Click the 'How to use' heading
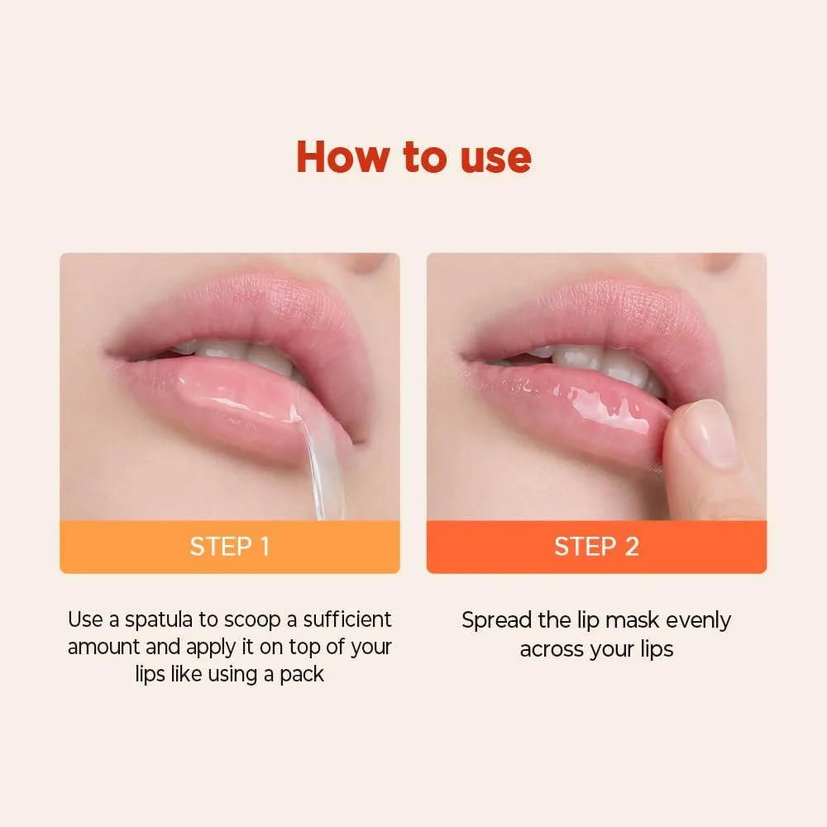(413, 156)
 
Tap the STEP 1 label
(229, 547)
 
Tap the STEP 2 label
(596, 547)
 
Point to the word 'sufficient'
(347, 619)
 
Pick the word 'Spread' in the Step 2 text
(495, 620)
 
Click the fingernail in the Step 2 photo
(710, 434)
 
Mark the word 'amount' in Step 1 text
(103, 647)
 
